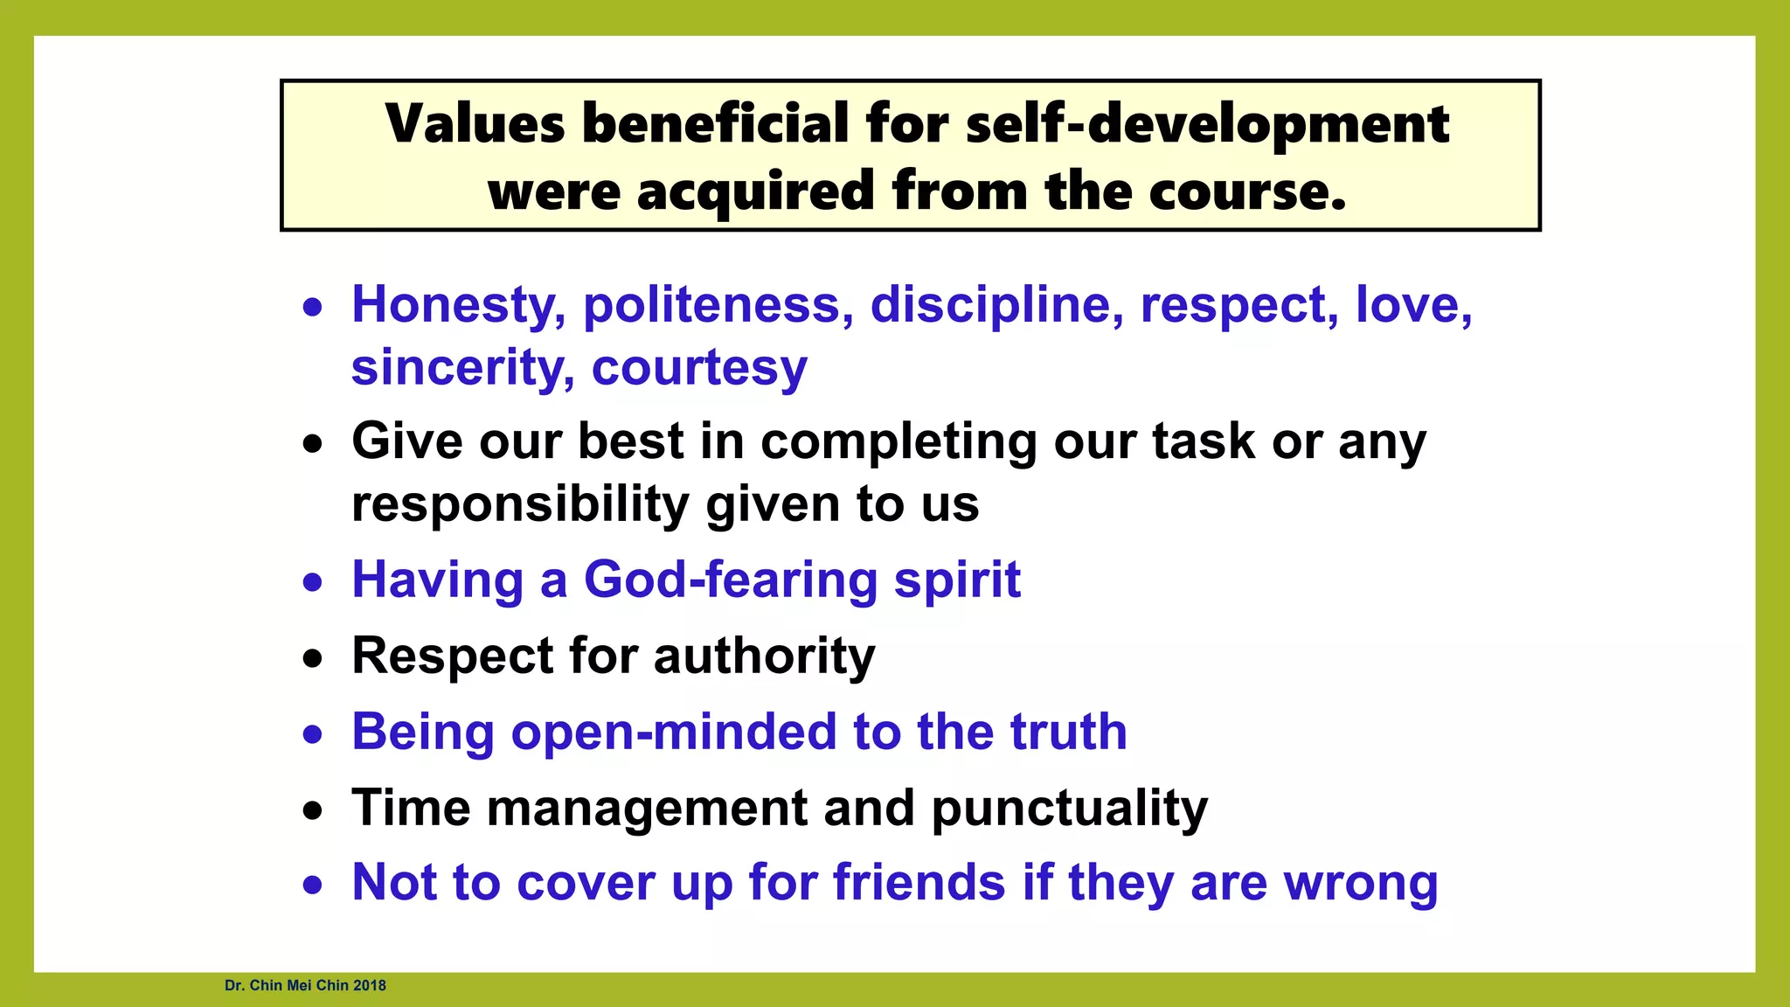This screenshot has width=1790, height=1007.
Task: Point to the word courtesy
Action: point(699,368)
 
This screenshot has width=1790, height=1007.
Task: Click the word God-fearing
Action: point(730,580)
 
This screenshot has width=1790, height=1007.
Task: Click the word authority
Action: point(764,656)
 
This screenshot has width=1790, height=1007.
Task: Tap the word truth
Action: point(1068,732)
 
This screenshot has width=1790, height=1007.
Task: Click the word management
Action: point(647,808)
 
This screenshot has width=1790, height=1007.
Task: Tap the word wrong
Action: point(1360,884)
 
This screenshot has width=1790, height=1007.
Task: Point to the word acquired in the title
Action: point(755,191)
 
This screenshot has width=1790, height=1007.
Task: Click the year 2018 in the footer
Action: point(370,985)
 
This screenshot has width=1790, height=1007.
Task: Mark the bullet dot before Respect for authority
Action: point(312,658)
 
